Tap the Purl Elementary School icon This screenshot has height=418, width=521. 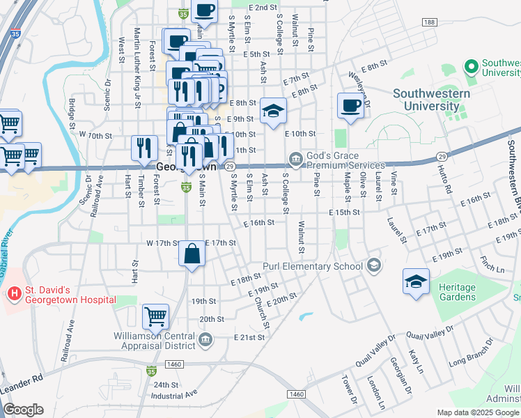pos(374,265)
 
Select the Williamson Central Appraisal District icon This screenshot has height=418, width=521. pos(205,339)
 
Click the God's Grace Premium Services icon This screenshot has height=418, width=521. pos(295,160)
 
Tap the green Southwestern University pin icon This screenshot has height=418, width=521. pos(471,67)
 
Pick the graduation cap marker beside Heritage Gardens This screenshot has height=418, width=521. pos(416,282)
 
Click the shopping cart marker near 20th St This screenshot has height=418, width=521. pos(155,316)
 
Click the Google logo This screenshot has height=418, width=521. pos(23,410)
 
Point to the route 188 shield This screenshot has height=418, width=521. pos(430,23)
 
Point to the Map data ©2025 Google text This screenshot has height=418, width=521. pos(477,412)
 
